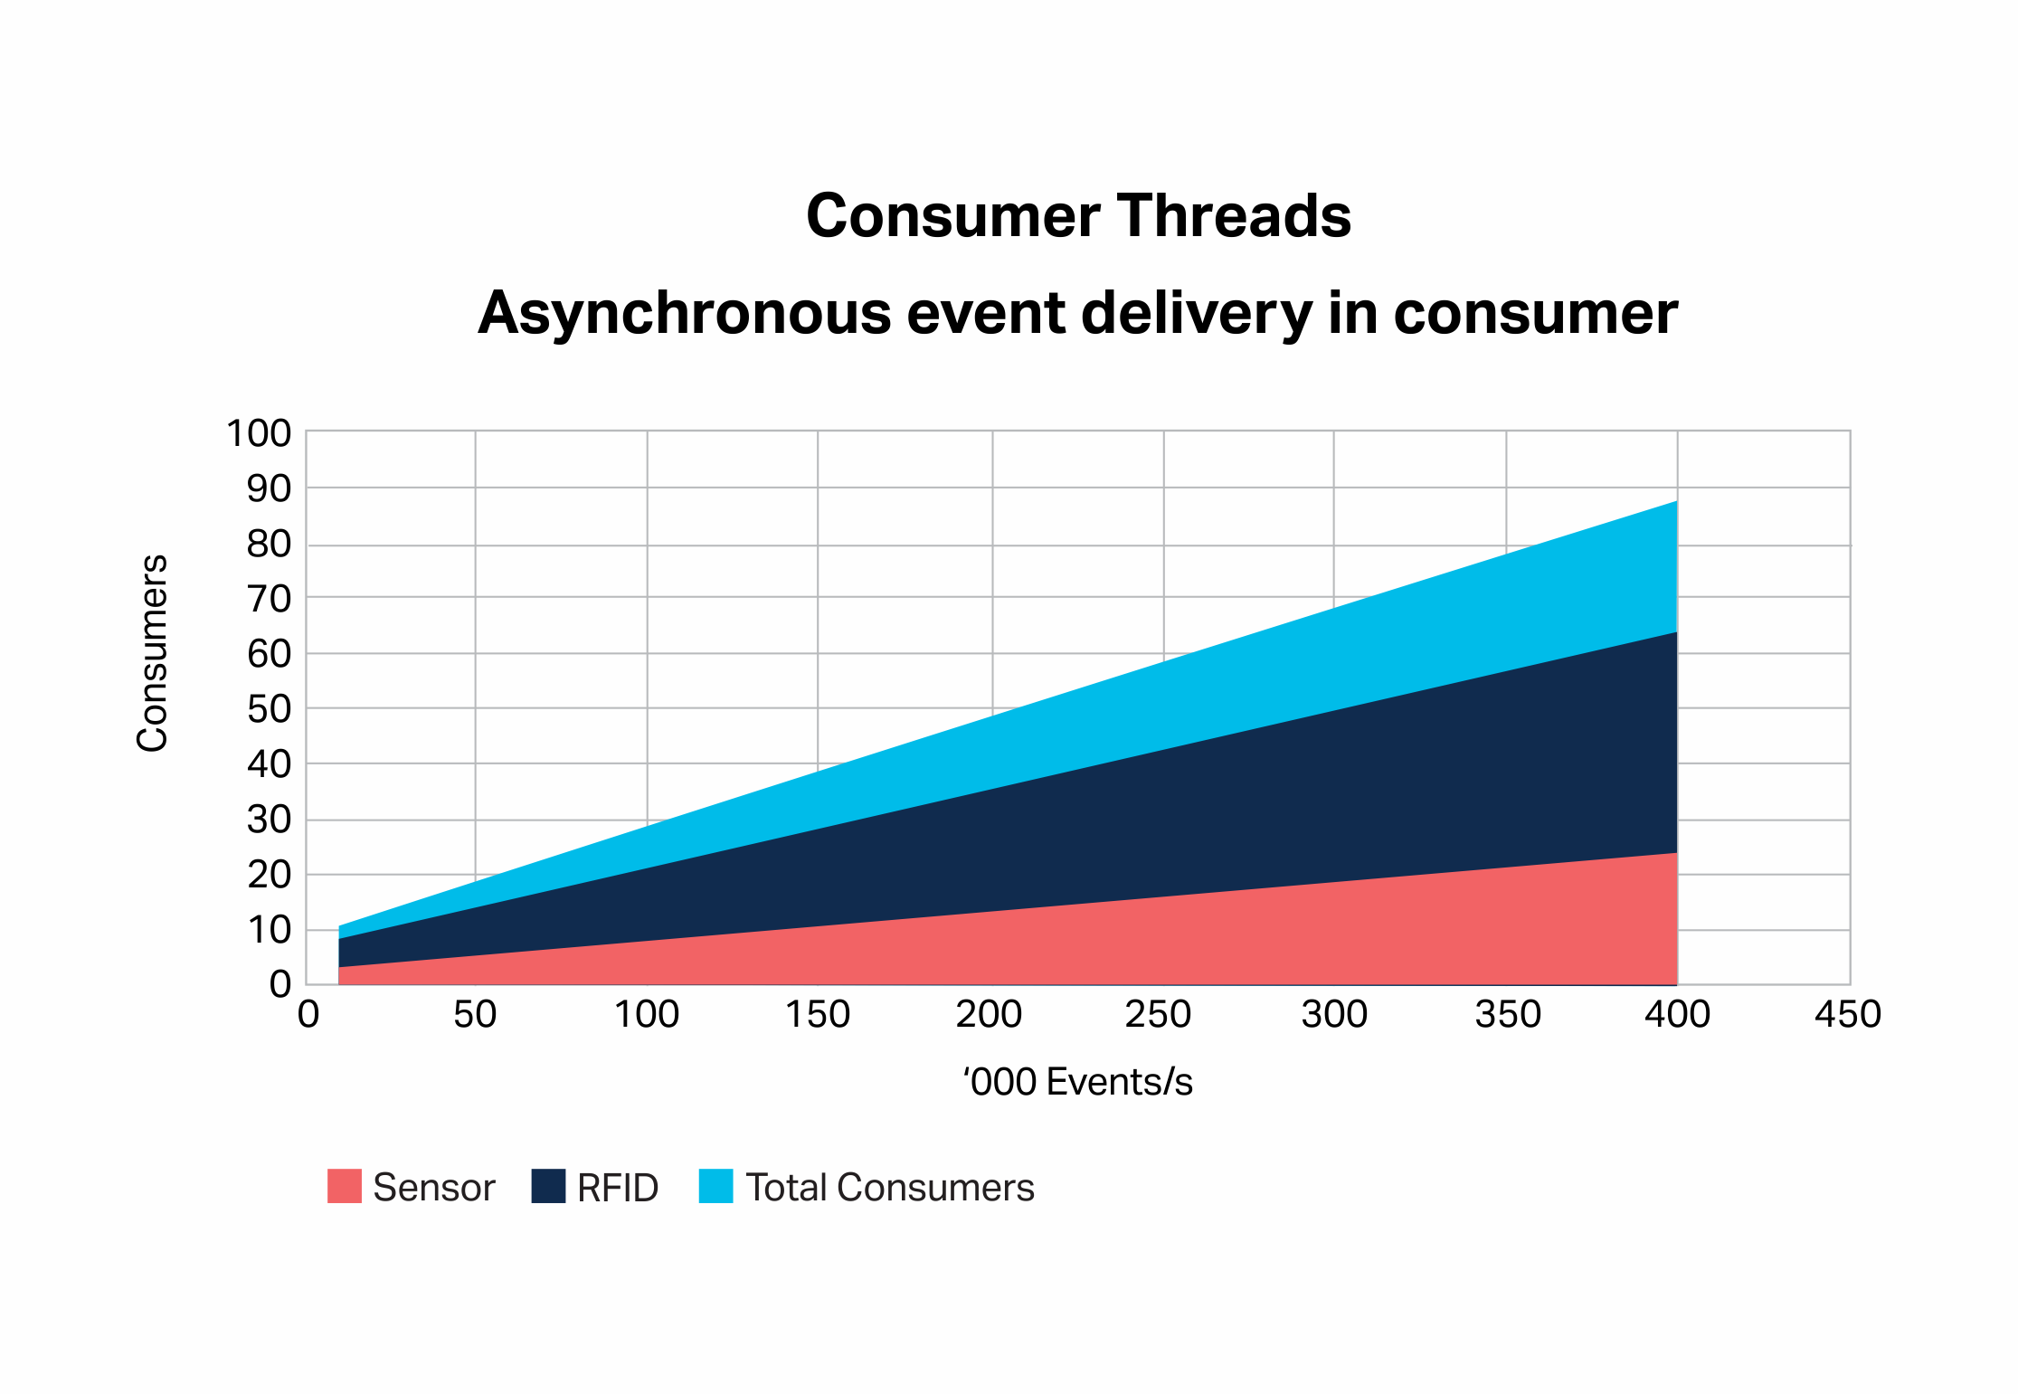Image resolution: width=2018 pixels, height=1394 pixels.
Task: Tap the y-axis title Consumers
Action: [153, 653]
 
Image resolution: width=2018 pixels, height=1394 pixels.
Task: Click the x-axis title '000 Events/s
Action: [1078, 1082]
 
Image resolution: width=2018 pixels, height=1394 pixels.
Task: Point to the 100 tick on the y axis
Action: [259, 434]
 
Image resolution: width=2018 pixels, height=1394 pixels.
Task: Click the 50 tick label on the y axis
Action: [270, 710]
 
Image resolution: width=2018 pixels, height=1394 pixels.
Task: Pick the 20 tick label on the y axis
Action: [270, 876]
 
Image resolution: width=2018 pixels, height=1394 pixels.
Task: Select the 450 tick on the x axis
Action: [1848, 1015]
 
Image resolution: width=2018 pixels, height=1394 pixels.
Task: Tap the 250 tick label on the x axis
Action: [1158, 1015]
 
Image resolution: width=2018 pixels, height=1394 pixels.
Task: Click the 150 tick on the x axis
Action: [818, 1015]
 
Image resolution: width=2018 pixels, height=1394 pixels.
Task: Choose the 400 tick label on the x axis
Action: [1677, 1015]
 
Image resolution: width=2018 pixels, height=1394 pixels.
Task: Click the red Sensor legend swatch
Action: [345, 1186]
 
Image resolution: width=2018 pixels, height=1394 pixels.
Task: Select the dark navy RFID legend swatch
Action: [549, 1186]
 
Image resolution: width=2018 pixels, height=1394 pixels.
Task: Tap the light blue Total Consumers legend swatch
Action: [716, 1186]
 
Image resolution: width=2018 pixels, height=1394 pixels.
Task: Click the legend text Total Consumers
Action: [890, 1188]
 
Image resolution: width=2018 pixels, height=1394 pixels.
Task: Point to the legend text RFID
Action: [618, 1188]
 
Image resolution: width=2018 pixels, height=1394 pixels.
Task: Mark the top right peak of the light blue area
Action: [1677, 501]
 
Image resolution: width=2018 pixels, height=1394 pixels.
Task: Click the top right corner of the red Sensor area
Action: [1677, 853]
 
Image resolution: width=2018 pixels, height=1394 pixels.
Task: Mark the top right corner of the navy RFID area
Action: [1677, 632]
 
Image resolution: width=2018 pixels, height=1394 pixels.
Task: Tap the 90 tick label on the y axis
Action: [270, 489]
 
